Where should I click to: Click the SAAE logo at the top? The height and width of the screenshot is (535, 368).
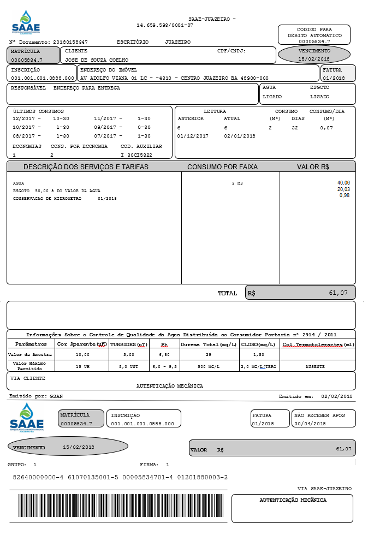26,23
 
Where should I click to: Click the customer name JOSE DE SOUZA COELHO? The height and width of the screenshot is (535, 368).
97,60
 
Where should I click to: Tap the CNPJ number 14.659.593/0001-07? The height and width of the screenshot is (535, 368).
164,26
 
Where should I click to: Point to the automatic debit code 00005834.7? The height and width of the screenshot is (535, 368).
314,41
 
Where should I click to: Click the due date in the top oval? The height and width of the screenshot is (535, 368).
314,58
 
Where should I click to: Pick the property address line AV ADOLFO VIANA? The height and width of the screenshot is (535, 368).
174,78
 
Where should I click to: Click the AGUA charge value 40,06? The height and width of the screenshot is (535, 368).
343,183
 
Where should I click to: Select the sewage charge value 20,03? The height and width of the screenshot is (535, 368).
343,189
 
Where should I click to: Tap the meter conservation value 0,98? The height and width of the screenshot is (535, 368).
345,195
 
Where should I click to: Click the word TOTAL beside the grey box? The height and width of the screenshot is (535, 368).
227,293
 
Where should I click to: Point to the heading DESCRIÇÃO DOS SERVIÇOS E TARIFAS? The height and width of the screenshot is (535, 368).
86,167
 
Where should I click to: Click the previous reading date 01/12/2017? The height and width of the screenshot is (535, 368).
193,136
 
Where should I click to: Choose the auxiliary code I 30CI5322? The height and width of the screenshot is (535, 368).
136,155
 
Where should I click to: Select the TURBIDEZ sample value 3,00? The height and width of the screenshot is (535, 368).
129,355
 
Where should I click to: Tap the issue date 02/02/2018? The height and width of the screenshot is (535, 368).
337,396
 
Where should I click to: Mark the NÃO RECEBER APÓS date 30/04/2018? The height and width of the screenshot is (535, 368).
310,424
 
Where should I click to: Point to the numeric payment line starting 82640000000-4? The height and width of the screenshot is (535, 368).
120,478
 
